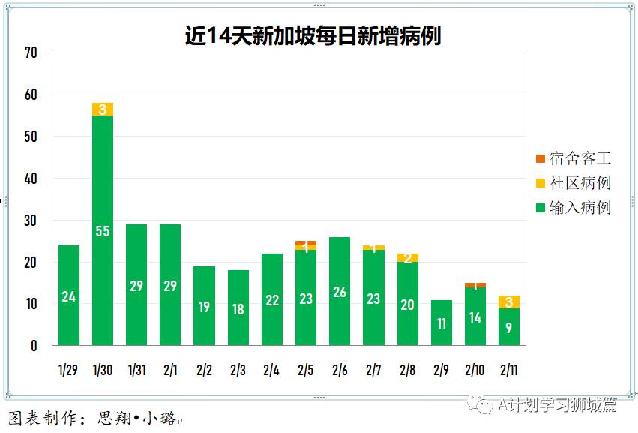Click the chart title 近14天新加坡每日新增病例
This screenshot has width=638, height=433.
[313, 36]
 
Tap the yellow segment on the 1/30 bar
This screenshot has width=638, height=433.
[103, 110]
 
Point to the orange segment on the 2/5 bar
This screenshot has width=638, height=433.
[306, 242]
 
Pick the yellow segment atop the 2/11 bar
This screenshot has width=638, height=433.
[509, 302]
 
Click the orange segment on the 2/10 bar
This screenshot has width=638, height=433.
[475, 285]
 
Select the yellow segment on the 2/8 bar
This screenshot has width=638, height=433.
[408, 258]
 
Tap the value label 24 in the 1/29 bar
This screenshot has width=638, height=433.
[69, 297]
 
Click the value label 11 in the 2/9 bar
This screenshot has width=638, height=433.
[442, 324]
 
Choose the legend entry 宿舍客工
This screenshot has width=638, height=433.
[574, 158]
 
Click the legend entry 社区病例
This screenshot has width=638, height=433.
[574, 183]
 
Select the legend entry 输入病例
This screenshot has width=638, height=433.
[574, 208]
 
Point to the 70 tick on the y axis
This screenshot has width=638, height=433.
[31, 53]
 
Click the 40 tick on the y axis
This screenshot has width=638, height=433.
[31, 179]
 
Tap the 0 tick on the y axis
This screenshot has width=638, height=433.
[34, 346]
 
